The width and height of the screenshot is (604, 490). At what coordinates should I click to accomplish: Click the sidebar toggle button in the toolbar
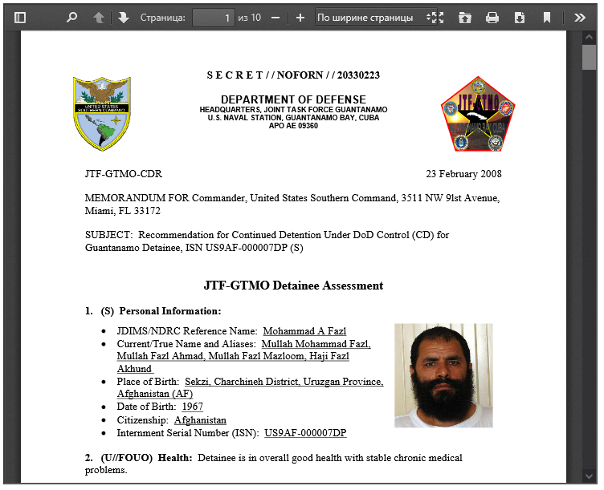click(20, 17)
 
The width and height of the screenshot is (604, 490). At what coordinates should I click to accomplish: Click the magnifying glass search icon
click(71, 17)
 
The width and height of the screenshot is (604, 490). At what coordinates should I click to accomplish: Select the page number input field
click(213, 17)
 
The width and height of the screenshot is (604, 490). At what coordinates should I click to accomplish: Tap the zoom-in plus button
click(300, 17)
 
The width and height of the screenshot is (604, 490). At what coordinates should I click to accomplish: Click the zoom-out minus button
click(275, 17)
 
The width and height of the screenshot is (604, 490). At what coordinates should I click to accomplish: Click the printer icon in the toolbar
click(492, 17)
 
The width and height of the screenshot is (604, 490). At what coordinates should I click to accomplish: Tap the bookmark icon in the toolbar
click(547, 17)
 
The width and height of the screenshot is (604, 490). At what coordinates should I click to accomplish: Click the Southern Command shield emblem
click(101, 113)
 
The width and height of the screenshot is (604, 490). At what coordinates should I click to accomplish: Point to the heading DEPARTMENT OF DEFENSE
click(293, 99)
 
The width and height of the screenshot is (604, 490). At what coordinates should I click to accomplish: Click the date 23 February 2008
click(463, 174)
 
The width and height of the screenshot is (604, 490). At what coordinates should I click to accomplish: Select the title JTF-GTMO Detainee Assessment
click(293, 285)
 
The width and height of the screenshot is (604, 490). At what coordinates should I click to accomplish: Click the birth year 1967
click(193, 407)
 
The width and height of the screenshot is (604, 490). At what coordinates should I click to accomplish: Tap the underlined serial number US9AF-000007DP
click(305, 433)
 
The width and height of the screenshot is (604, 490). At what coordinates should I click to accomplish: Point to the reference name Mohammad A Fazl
click(304, 331)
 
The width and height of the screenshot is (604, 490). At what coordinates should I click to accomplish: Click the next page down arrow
click(123, 17)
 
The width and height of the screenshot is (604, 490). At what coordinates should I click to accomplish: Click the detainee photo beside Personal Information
click(443, 375)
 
